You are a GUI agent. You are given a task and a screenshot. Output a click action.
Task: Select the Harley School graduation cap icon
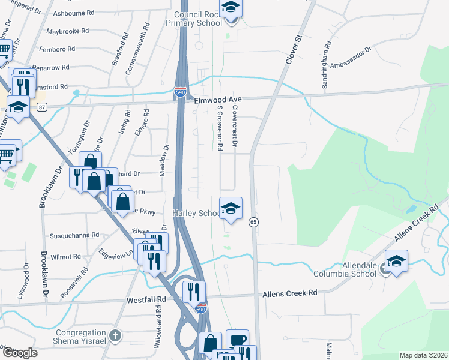(x=231, y=209)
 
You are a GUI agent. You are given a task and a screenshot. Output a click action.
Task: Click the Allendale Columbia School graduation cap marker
(x=396, y=261)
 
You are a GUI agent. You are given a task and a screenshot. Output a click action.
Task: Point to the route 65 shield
(x=253, y=222)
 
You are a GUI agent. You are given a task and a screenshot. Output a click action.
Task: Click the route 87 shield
(x=41, y=107)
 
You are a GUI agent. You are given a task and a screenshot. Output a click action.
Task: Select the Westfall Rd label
(x=146, y=298)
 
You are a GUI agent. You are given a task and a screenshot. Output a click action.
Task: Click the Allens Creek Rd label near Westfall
(x=289, y=293)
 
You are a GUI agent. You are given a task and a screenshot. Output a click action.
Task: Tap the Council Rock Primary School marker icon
(x=230, y=8)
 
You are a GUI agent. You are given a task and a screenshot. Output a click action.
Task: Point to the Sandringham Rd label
(x=327, y=65)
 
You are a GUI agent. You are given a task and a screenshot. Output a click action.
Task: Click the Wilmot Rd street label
(x=65, y=256)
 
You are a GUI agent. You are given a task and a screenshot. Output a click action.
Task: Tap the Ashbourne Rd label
(x=74, y=13)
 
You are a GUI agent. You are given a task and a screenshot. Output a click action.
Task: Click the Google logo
(x=20, y=353)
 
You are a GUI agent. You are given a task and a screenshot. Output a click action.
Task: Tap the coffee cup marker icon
(x=237, y=340)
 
